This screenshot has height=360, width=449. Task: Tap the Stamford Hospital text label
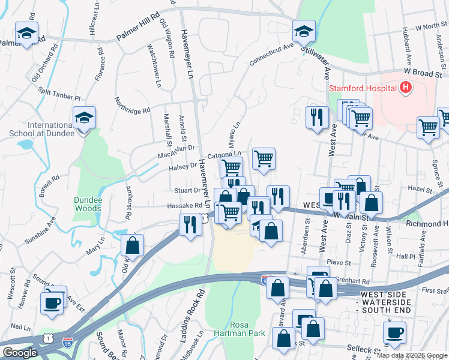[x=362, y=89]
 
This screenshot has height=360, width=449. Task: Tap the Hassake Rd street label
[x=184, y=206]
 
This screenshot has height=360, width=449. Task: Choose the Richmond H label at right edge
[x=427, y=223]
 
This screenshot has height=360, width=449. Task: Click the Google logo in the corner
[x=20, y=353]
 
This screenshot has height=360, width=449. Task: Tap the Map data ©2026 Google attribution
[x=412, y=355]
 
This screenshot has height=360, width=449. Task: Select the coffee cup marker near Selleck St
[x=394, y=333]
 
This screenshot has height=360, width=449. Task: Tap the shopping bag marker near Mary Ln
[x=133, y=245]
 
